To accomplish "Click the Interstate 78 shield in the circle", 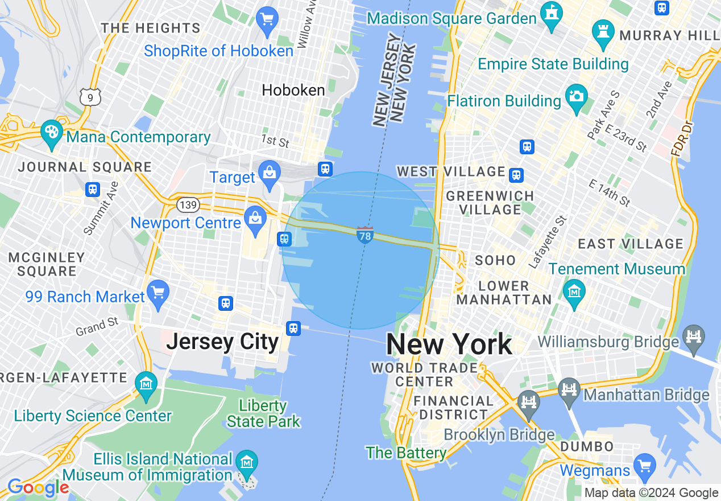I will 365,235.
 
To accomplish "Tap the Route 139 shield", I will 188,204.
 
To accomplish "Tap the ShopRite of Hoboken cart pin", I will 267,20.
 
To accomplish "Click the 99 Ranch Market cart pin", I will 158,293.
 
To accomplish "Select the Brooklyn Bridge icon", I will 529,402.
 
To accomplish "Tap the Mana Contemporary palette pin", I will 52,133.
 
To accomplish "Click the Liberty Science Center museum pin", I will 147,383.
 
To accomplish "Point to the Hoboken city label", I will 293,90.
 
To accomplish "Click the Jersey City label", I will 222,342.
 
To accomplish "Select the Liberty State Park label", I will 263,413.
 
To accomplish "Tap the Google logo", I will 38,487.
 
